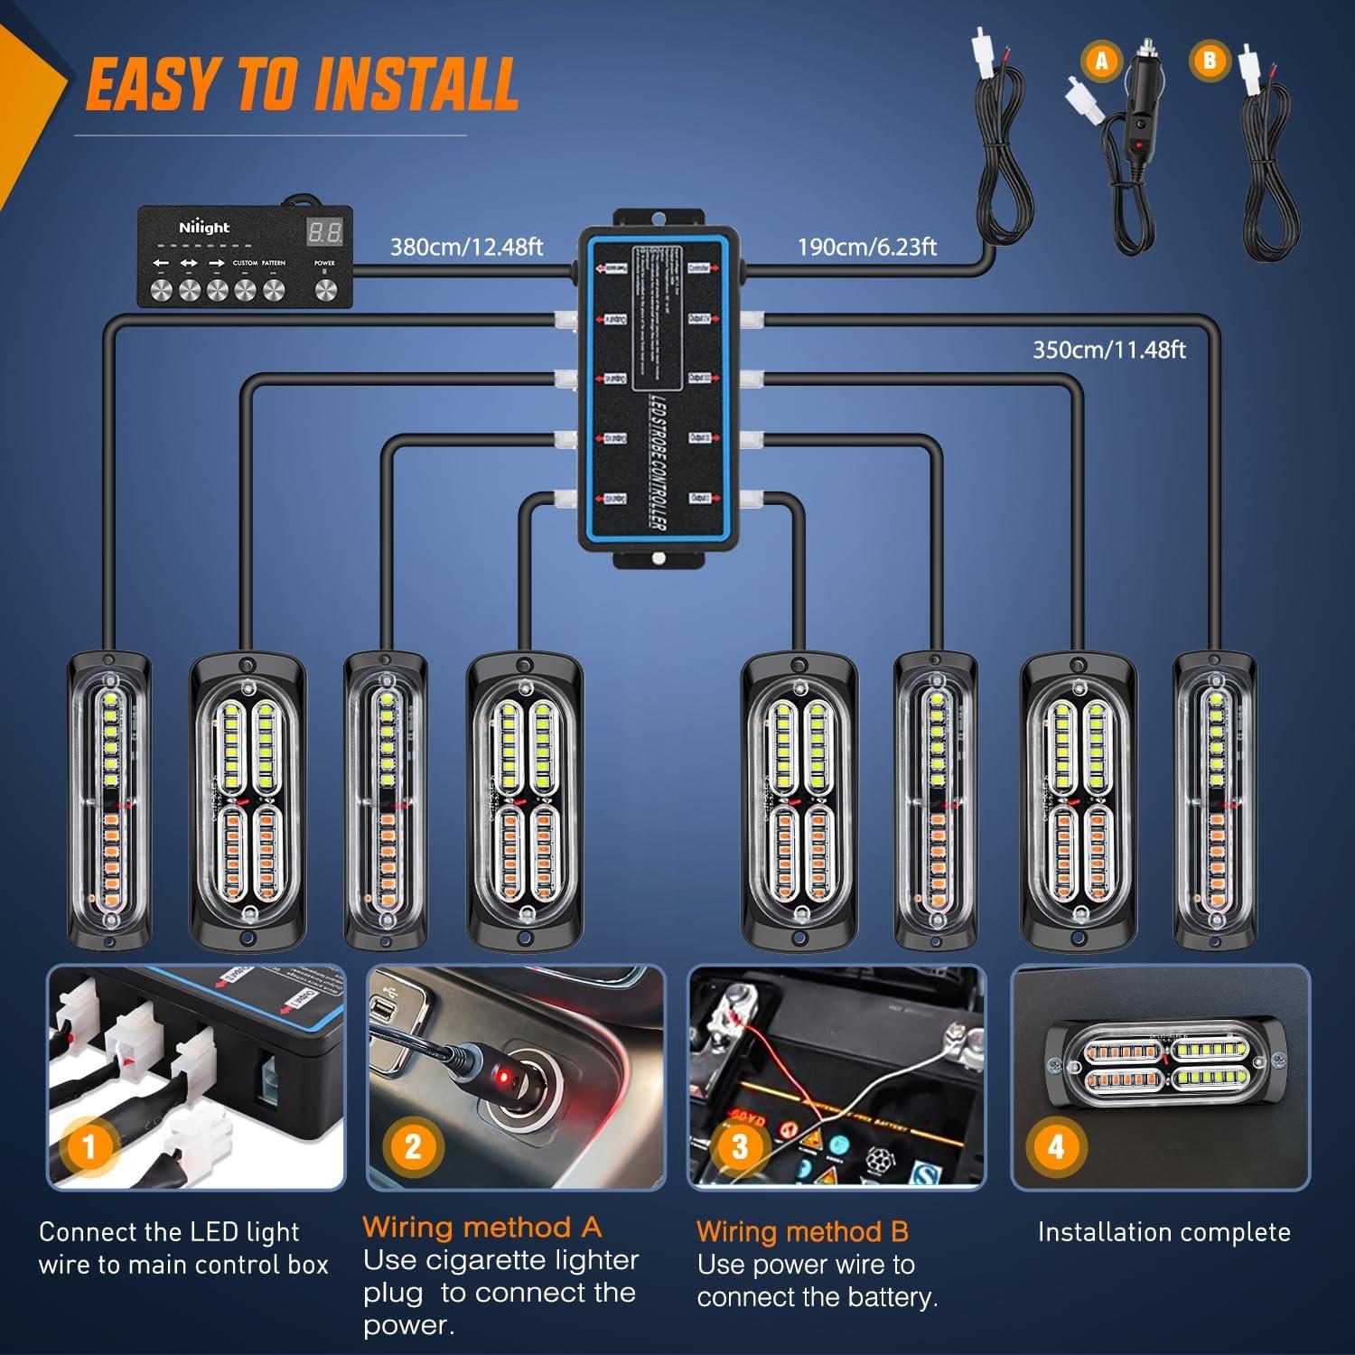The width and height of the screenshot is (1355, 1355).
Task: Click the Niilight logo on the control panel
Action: point(204,228)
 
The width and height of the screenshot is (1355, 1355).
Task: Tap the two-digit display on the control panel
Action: point(324,232)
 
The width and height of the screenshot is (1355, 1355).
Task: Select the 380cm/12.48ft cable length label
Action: point(466,248)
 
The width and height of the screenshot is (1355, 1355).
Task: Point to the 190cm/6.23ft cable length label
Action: point(866,248)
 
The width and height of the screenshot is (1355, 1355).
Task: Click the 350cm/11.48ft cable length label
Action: point(1108,350)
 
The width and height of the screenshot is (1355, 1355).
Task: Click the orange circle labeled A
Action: point(1101,61)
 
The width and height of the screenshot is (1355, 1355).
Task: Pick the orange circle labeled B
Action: point(1210,61)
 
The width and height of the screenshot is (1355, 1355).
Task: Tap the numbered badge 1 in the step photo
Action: point(89,1147)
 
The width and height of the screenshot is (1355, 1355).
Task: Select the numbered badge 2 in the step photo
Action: point(413,1146)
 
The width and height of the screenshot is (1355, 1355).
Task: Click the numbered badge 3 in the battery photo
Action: point(740,1146)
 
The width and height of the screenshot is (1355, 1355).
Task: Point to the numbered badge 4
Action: point(1056,1146)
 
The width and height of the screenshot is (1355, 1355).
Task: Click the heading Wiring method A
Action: point(481,1227)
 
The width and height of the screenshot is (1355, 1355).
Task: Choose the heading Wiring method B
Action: point(802,1231)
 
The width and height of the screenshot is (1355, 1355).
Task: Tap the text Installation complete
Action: point(1163,1232)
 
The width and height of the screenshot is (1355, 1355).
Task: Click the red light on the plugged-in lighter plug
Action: point(507,1078)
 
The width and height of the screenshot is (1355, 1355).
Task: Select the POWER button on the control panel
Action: point(324,289)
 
